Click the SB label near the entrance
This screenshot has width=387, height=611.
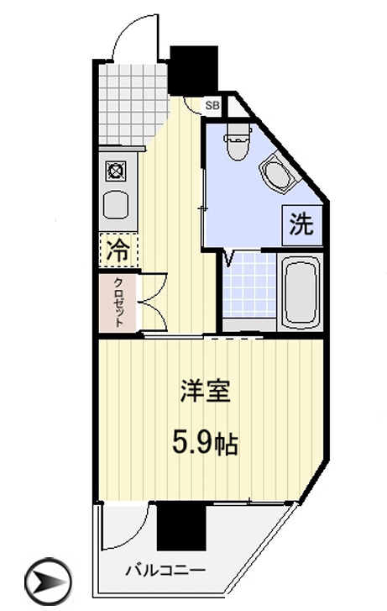[x=212, y=105]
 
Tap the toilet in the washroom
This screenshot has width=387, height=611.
[x=238, y=141]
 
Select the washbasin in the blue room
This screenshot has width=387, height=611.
[x=278, y=176]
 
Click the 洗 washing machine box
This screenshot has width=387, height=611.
[x=302, y=224]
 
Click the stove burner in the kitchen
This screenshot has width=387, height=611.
[x=115, y=171]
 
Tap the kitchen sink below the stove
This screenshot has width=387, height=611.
[x=114, y=205]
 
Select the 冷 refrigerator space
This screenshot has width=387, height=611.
[x=118, y=250]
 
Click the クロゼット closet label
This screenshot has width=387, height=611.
[x=118, y=301]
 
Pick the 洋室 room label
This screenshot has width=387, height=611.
[x=206, y=392]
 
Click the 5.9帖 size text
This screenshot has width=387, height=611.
[x=204, y=443]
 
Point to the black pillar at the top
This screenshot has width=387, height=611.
[x=193, y=70]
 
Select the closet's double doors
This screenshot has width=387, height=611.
[x=152, y=302]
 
